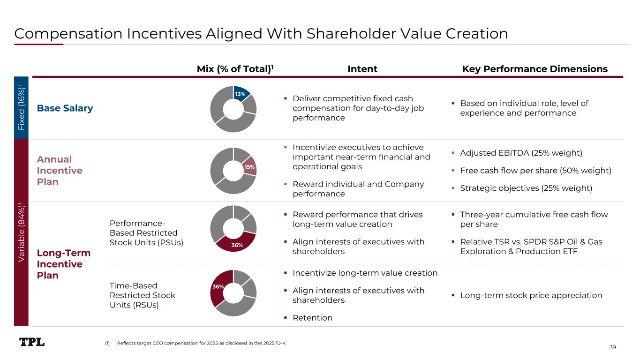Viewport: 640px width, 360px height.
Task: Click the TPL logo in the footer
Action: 32,342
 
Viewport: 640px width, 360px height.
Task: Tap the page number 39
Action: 612,347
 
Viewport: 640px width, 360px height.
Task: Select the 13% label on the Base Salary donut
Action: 241,94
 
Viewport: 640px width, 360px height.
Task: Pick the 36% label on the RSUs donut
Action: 218,286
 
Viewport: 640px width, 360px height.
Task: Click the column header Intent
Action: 362,69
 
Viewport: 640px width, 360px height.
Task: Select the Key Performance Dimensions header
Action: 535,69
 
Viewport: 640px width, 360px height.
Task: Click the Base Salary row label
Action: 65,108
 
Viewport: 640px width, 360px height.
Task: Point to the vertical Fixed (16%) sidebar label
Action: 21,107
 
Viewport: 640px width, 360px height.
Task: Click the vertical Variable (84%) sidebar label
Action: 21,232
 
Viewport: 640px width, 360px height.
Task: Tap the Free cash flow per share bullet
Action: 535,171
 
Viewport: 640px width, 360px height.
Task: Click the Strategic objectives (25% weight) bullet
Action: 526,188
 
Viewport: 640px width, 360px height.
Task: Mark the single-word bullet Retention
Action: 312,318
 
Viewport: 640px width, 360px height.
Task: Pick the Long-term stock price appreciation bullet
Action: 531,295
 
